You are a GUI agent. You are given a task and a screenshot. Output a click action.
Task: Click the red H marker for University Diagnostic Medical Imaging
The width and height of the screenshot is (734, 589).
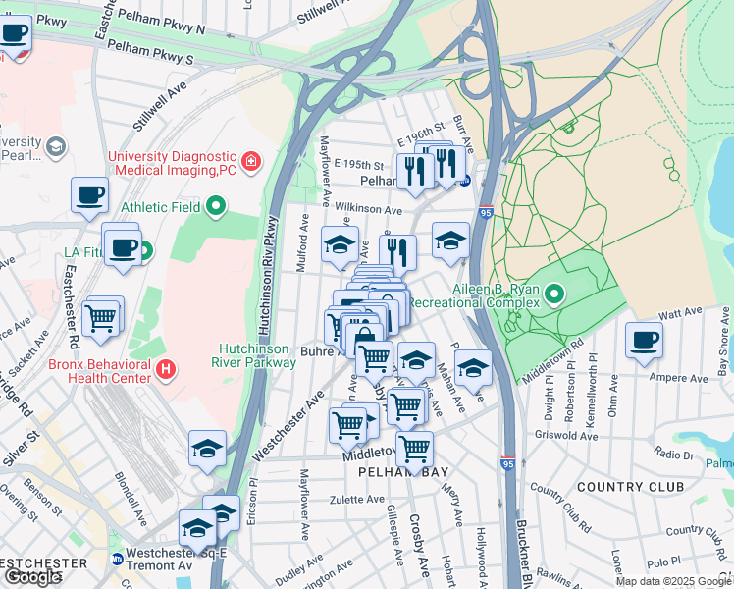click(x=252, y=160)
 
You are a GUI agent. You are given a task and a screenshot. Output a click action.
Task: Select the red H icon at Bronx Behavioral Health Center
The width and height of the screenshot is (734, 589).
click(x=166, y=369)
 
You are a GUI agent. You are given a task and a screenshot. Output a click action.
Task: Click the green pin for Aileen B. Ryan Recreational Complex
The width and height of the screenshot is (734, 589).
click(x=554, y=294)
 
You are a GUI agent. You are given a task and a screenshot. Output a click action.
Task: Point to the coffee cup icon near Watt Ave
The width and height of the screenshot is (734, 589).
click(x=644, y=341)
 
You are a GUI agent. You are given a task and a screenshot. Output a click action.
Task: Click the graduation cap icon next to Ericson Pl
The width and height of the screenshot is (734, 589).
click(x=207, y=450)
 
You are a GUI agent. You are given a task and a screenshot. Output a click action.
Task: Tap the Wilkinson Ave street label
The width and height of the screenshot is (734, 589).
click(x=367, y=209)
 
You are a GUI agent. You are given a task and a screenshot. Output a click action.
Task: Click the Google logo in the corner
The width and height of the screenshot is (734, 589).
click(x=32, y=576)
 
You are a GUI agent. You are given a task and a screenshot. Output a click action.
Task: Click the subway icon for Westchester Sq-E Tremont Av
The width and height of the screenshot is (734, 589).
click(x=117, y=560)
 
